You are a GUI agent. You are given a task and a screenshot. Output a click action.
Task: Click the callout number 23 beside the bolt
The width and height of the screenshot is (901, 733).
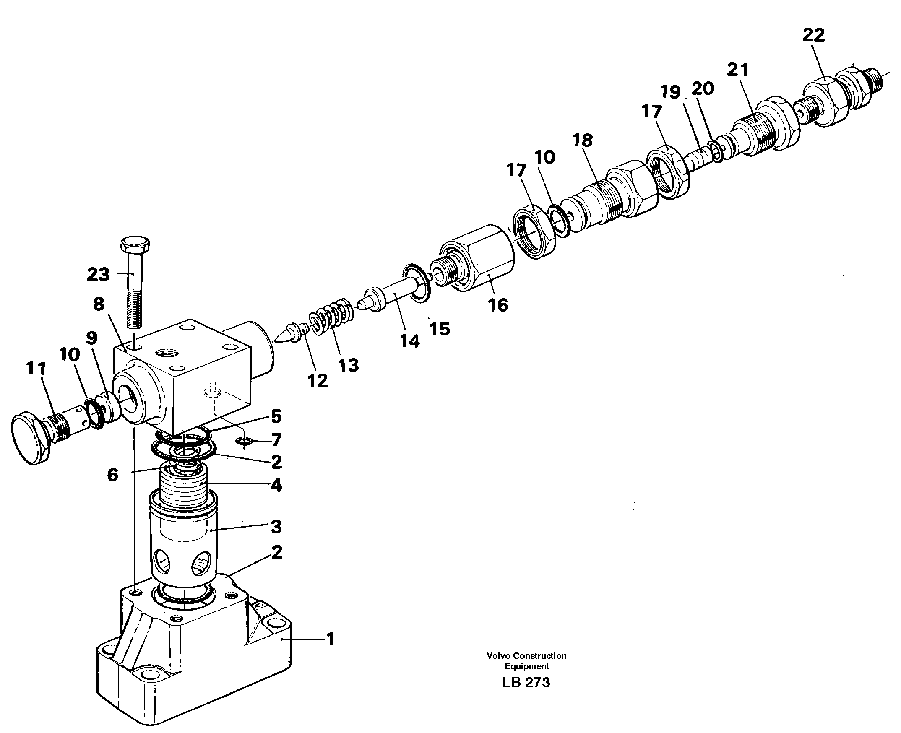click(x=98, y=274)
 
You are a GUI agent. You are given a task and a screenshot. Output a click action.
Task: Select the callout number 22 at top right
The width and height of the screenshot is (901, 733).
click(x=814, y=35)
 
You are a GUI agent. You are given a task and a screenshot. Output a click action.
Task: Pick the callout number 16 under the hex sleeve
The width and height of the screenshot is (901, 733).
click(x=497, y=305)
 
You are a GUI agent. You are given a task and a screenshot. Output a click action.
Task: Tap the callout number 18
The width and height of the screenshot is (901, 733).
click(x=583, y=140)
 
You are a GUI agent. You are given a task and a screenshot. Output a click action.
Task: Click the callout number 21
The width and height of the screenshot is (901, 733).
click(x=737, y=70)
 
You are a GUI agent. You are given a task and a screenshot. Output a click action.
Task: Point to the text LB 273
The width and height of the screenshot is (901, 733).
click(x=526, y=682)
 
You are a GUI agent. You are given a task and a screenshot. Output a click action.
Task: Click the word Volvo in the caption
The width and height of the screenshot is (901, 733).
click(x=498, y=656)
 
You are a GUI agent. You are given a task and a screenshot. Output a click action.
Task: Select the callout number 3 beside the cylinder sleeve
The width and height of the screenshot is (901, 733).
click(x=276, y=527)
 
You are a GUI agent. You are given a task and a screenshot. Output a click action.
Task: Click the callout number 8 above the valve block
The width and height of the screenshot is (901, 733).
click(x=99, y=304)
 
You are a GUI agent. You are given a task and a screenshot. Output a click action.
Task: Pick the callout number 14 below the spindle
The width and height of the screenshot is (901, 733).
click(x=409, y=341)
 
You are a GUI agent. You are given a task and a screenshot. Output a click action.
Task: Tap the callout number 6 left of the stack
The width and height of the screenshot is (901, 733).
click(x=112, y=475)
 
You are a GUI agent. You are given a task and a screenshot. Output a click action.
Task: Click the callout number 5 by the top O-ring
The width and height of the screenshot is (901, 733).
click(x=276, y=416)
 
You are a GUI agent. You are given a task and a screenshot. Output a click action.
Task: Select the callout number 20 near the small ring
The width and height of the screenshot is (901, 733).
click(x=703, y=88)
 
